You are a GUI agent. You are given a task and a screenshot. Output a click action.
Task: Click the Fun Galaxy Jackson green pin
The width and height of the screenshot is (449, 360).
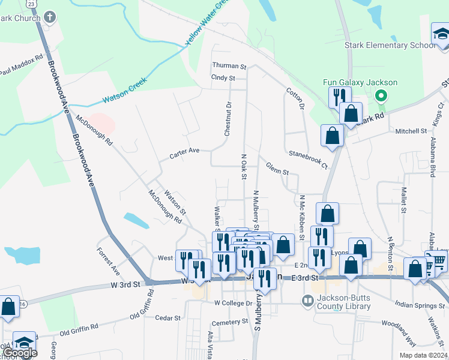click(380, 95)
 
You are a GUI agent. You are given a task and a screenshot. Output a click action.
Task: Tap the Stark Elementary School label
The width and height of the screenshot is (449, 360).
click(390, 46)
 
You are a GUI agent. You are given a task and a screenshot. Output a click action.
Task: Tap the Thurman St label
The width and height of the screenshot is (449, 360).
click(229, 66)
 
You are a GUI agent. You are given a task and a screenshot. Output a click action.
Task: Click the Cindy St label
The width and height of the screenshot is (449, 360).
click(223, 78)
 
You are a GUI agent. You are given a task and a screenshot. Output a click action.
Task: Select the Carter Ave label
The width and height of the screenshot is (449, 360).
click(184, 152)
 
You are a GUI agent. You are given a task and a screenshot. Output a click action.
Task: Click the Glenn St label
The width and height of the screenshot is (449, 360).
click(277, 169)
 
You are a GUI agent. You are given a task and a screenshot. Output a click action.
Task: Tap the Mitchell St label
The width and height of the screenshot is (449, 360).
click(411, 130)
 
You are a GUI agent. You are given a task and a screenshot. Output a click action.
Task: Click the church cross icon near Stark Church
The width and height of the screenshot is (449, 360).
click(50, 17)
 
